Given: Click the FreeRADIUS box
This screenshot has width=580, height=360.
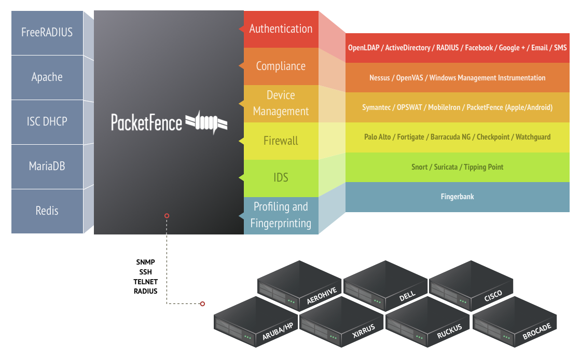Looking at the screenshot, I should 47,32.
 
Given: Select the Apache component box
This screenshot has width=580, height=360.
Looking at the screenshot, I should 47,77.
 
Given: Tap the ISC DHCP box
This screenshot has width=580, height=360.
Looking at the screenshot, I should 47,122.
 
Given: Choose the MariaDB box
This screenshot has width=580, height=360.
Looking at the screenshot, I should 47,167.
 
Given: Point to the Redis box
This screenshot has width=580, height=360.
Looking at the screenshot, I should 47,211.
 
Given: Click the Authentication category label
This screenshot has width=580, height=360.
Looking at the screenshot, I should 281,29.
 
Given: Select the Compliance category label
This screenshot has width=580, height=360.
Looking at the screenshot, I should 281,66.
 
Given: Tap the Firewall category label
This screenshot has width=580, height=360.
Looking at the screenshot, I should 281,141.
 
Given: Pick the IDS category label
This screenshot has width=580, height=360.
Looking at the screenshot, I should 281,178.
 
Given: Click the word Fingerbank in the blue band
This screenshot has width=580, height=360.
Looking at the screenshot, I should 457,197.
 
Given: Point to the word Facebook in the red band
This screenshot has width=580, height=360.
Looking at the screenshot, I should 478,48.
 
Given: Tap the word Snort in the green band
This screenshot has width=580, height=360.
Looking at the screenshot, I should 420,167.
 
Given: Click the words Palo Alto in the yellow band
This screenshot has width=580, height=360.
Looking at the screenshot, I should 377,137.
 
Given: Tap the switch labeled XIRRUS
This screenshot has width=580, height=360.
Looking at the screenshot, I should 342,322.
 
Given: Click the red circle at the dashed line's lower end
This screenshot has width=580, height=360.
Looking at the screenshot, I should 202,303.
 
